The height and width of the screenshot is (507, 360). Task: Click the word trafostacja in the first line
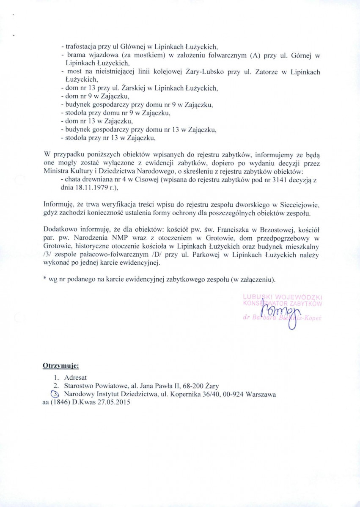point(80,47)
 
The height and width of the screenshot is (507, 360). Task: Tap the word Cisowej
point(135,180)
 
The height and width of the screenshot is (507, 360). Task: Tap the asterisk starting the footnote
point(45,280)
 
